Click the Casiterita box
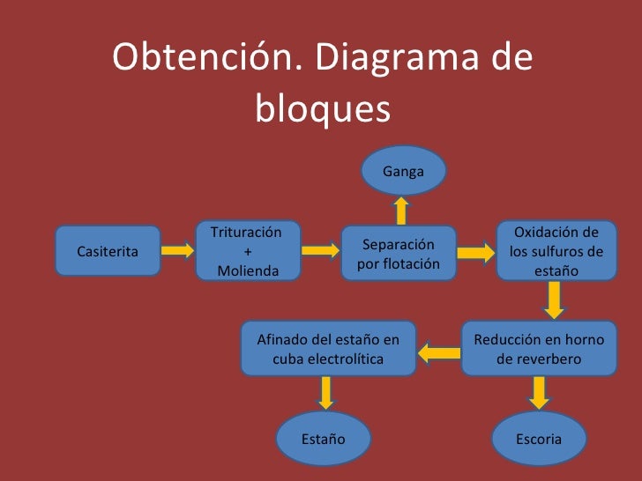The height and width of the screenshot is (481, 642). [108, 250]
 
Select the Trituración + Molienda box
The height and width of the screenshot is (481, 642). [247, 250]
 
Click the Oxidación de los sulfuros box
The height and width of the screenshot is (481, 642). [556, 251]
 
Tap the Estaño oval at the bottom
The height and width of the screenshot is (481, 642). [324, 438]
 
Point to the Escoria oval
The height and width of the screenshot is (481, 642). [539, 438]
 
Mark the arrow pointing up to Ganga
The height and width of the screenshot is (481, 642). [401, 209]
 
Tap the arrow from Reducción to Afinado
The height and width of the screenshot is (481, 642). [439, 353]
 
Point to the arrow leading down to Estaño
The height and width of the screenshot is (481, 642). [326, 393]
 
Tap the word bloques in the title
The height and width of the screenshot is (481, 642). [322, 111]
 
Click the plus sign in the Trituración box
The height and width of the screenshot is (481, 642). [247, 251]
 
